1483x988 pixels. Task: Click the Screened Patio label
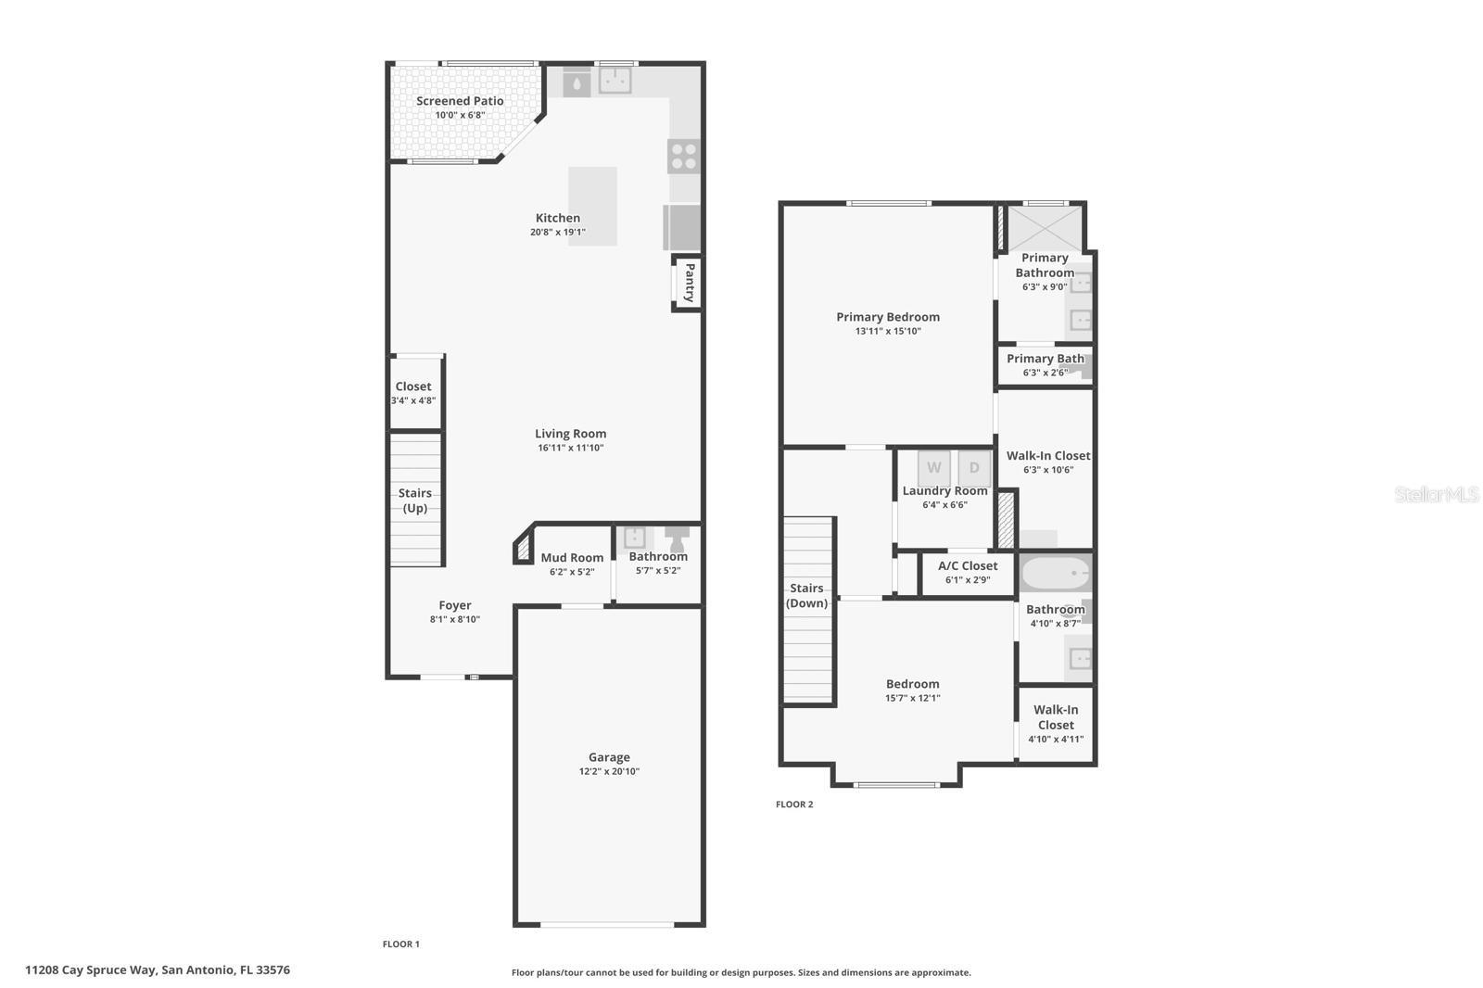click(x=460, y=101)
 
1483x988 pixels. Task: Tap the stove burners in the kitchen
click(x=684, y=156)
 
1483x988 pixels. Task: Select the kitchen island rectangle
click(x=592, y=206)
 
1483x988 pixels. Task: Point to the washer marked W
click(x=933, y=468)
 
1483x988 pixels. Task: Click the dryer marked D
click(x=974, y=468)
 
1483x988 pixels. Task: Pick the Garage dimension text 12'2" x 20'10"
click(x=609, y=771)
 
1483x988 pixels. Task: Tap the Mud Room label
click(x=572, y=558)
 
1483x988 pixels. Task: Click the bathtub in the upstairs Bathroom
click(x=1056, y=574)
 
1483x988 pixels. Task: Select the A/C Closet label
click(x=968, y=566)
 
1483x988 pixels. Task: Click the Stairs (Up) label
click(x=415, y=500)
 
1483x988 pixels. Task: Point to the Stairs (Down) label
click(x=806, y=596)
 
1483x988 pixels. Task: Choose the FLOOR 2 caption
click(x=794, y=804)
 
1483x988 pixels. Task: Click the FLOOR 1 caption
click(x=401, y=944)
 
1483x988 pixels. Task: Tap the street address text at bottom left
click(x=158, y=970)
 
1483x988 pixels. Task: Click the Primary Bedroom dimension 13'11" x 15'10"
click(x=888, y=331)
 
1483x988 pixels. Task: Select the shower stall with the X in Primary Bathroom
click(x=1045, y=227)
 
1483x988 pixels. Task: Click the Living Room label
click(x=570, y=434)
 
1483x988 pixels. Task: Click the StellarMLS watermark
click(x=1436, y=495)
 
